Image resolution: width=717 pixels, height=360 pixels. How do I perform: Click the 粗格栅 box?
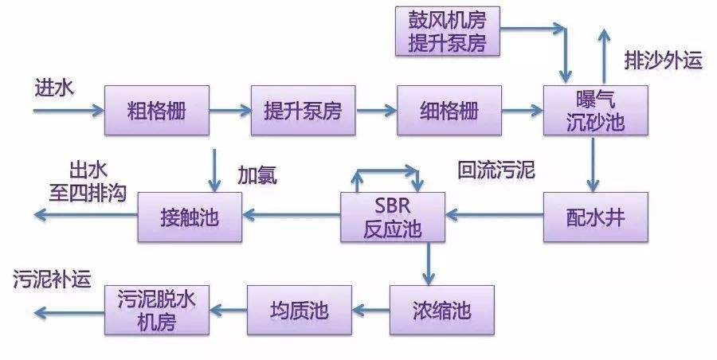tap(156, 110)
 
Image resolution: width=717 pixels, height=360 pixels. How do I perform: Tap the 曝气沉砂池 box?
tap(595, 110)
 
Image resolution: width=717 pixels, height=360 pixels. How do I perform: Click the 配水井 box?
tap(595, 215)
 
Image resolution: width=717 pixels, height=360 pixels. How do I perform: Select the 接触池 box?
tap(190, 216)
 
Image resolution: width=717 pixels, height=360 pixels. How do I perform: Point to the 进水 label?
tap(53, 87)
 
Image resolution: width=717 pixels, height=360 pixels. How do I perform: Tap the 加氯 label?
tap(257, 176)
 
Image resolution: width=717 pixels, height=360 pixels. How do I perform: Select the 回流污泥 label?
tap(496, 170)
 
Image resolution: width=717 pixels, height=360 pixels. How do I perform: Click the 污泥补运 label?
tap(52, 280)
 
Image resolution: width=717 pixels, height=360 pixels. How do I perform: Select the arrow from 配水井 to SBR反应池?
tap(494, 214)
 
